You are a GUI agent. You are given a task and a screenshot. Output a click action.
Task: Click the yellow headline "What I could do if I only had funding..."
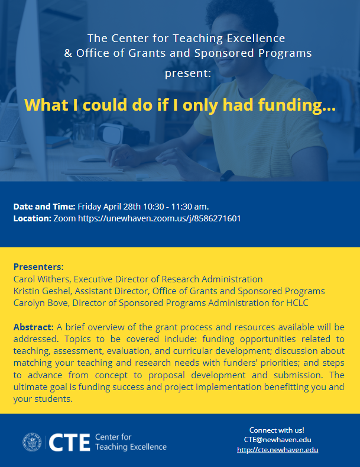tap(180, 105)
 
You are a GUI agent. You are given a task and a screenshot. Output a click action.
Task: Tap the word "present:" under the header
tap(188, 73)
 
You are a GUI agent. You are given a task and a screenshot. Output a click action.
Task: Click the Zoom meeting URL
tap(160, 218)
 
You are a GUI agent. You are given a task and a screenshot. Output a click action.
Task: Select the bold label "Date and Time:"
tap(44, 207)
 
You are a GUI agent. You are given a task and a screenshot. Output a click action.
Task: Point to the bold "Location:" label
tap(33, 218)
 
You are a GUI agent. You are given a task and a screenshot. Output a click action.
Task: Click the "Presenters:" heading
tap(38, 266)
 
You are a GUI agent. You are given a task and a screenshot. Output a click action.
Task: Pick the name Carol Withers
tap(41, 279)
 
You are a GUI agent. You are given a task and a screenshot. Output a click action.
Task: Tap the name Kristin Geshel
tap(42, 291)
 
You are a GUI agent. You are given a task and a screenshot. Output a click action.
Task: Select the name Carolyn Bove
tap(41, 303)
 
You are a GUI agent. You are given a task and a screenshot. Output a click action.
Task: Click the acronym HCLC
tap(297, 303)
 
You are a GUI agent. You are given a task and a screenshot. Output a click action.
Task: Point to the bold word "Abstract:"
tap(33, 327)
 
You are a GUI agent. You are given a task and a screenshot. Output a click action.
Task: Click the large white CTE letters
tap(69, 442)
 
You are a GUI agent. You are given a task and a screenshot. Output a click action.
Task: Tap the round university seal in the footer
tap(32, 442)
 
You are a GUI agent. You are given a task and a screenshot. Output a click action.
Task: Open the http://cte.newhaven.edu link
tap(278, 450)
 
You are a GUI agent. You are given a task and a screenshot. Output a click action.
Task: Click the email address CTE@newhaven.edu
tap(278, 440)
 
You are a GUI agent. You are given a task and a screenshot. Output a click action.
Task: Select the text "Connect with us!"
tap(277, 430)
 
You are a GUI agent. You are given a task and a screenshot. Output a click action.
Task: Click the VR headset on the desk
tap(124, 133)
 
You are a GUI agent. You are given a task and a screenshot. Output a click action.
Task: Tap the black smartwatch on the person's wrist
tap(227, 175)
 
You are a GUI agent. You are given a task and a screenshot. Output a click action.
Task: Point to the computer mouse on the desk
tap(92, 159)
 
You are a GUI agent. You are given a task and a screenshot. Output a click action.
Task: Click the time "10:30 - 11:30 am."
tap(176, 207)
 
